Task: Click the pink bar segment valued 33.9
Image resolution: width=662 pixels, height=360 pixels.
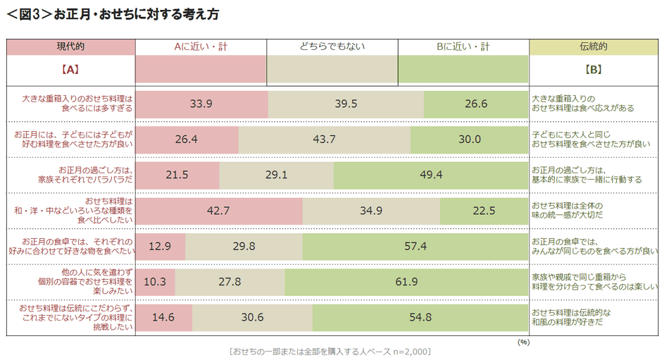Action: (201, 104)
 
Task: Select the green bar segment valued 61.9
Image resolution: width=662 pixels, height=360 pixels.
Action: (406, 281)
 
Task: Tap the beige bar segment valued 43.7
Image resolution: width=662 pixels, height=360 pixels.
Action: (324, 139)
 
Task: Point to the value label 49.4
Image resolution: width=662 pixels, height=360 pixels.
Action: (430, 175)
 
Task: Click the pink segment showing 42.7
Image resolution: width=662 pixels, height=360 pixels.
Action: (219, 211)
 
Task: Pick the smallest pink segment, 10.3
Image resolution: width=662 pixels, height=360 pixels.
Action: (156, 281)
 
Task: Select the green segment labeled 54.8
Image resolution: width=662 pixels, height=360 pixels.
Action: (420, 317)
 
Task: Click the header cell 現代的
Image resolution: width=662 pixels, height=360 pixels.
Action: (70, 46)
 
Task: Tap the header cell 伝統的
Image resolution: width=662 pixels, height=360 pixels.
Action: (593, 46)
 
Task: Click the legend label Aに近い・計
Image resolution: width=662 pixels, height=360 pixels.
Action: (201, 46)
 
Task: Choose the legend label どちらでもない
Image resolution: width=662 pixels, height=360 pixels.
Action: (332, 46)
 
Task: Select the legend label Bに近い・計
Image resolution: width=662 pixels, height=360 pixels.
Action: (463, 46)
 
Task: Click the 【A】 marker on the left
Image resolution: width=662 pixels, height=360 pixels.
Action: (70, 70)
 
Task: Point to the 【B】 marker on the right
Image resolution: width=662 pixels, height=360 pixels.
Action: (593, 70)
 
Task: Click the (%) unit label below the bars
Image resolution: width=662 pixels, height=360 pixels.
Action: (523, 341)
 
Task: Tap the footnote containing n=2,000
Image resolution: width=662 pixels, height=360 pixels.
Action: (330, 351)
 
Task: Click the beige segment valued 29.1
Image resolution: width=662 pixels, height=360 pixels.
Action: (276, 175)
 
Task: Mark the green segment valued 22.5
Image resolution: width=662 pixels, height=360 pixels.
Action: (485, 211)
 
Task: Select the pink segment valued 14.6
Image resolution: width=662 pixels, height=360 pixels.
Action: (163, 317)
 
